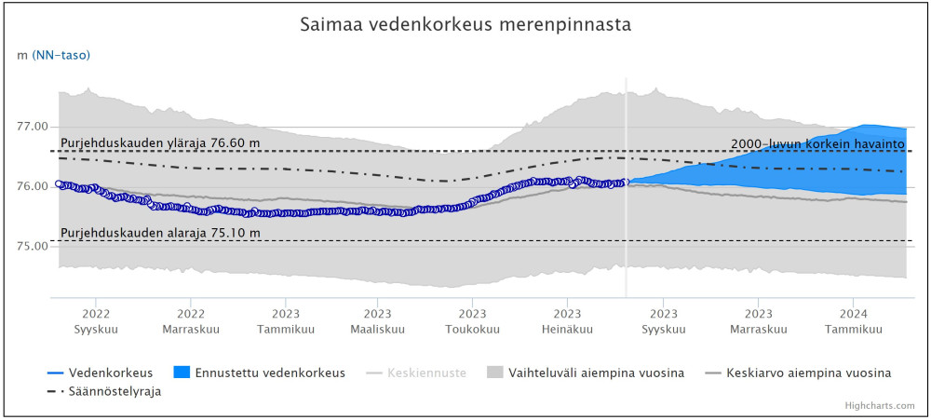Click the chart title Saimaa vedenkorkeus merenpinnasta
coord(465,25)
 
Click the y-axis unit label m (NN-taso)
coord(54,55)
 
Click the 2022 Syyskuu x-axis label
coord(96,321)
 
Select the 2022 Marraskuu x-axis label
coord(191,321)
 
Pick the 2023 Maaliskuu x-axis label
coord(377,321)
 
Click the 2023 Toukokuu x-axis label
coord(472,321)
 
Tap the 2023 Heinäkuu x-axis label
coord(567,321)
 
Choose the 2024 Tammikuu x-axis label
coord(854,321)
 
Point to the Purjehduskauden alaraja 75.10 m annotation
coord(160,233)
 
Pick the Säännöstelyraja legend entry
coord(115,391)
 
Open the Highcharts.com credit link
coord(880,406)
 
